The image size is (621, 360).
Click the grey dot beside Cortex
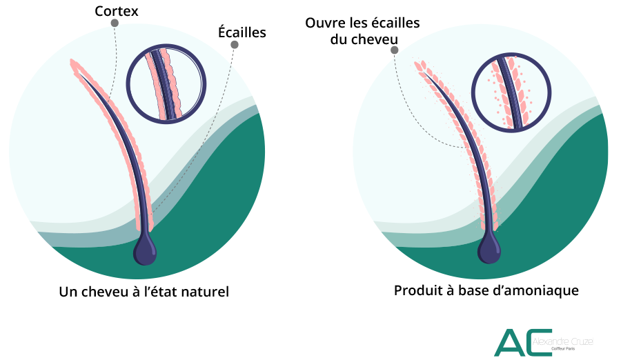(x=115, y=23)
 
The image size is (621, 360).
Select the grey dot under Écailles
(x=235, y=45)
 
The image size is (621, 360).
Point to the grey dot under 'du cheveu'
(x=394, y=50)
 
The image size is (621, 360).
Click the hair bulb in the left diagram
(x=145, y=250)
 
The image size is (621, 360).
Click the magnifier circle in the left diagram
(x=166, y=83)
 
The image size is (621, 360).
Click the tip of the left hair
(x=72, y=62)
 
